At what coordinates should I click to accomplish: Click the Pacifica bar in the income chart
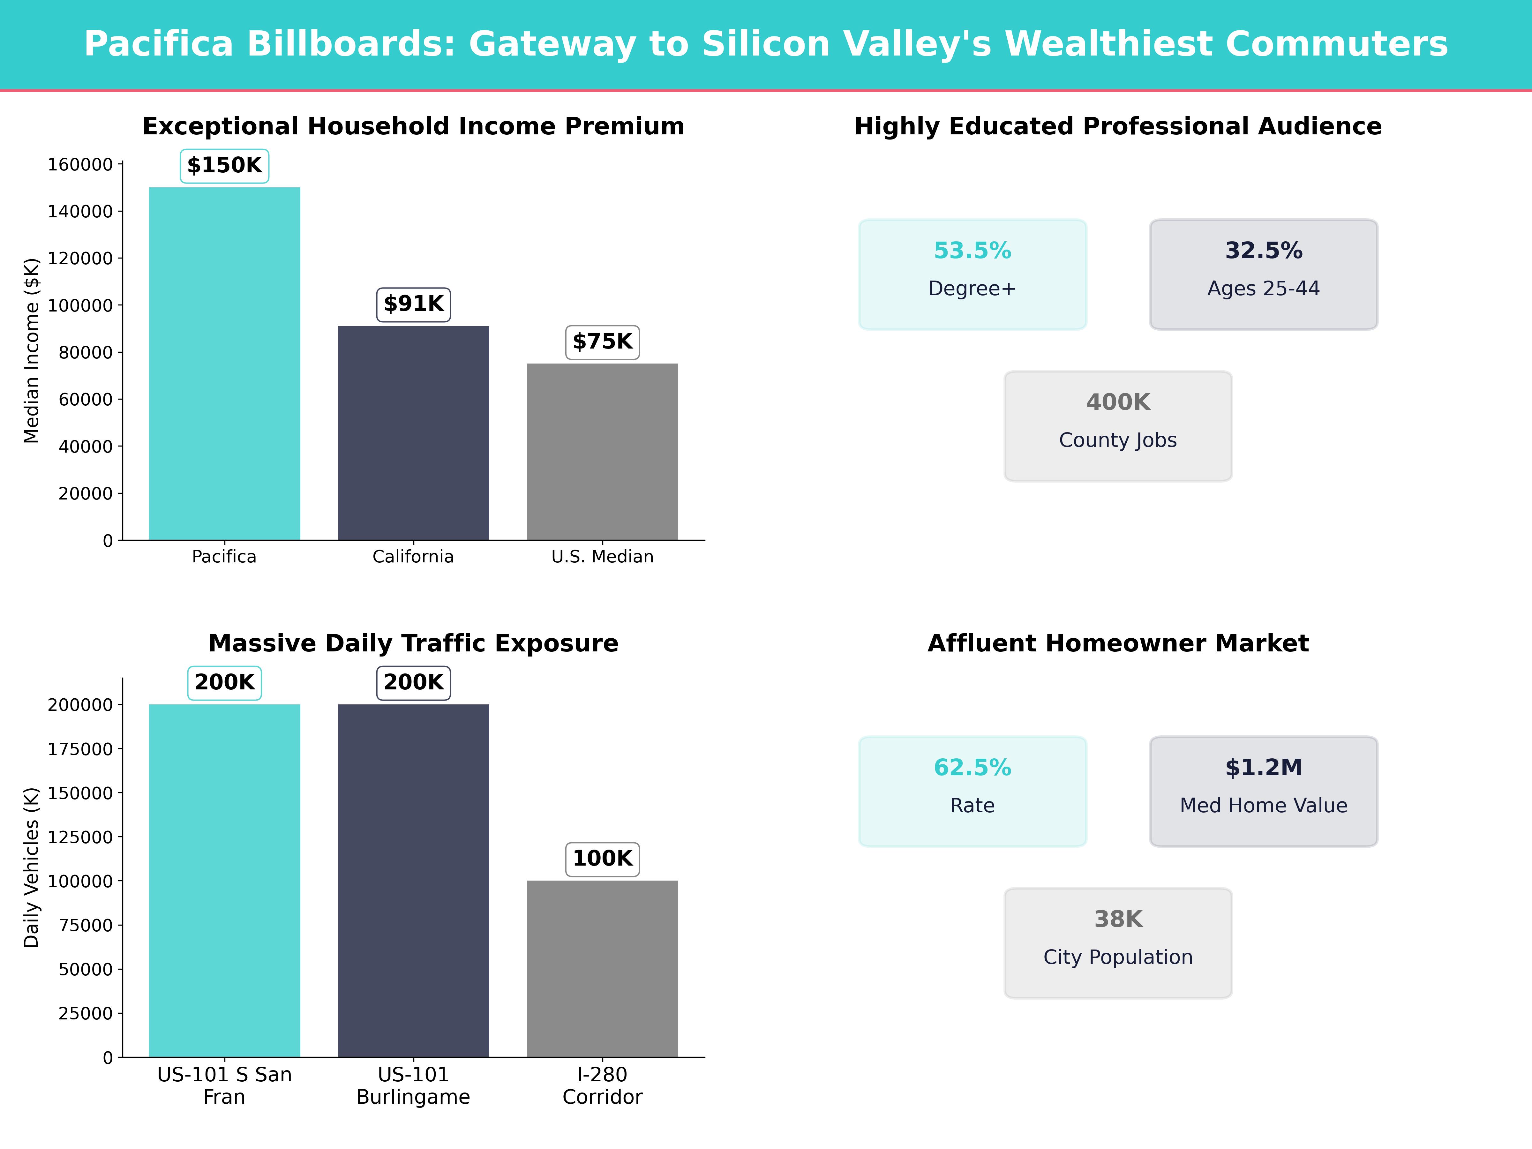pos(224,364)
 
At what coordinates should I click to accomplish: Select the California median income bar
pos(413,433)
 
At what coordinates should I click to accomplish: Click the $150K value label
pos(224,166)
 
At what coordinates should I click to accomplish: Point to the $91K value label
pos(413,304)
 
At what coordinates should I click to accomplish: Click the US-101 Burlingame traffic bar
pos(413,880)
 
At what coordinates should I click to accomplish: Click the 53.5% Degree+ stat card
pos(973,274)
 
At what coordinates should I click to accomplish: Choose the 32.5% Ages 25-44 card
pos(1263,274)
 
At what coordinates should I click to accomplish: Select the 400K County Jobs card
pos(1118,426)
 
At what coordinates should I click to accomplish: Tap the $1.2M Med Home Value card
pos(1263,791)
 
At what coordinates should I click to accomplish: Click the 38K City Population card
pos(1118,942)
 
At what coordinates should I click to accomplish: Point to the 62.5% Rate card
pos(973,791)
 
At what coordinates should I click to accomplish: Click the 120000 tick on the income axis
pos(80,258)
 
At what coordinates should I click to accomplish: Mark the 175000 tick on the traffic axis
pos(80,749)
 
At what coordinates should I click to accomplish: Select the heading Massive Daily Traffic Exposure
pos(413,643)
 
